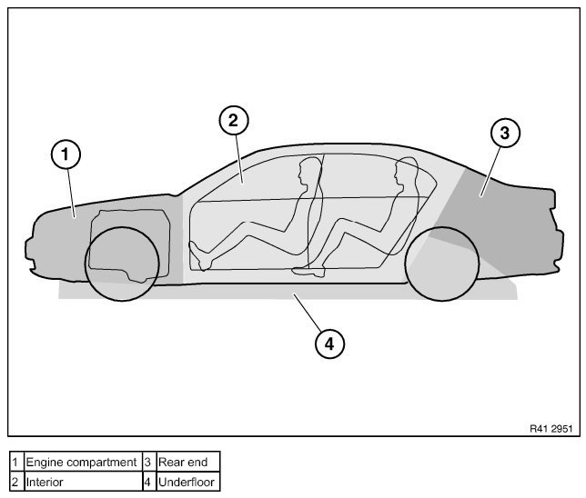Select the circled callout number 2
233,119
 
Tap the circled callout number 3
504,133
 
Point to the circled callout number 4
329,343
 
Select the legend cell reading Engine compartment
82,463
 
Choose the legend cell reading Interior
82,482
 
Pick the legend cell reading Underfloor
187,482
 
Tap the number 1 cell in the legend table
15,463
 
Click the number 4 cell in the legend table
147,482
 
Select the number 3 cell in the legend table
147,463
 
